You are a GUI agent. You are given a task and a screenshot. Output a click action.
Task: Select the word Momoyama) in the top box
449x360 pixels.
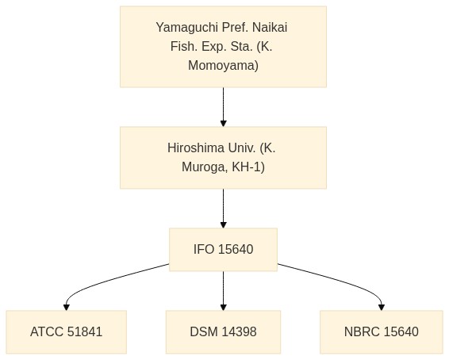pos(224,66)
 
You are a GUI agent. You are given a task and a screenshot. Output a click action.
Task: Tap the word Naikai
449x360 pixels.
pos(270,28)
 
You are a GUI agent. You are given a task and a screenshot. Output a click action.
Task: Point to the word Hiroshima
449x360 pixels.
pos(196,148)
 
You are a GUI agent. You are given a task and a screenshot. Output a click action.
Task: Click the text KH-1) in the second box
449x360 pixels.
pos(248,167)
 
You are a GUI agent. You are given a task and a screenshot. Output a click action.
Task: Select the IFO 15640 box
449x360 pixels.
pos(224,250)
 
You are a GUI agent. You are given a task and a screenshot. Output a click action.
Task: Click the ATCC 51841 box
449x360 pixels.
pos(67,332)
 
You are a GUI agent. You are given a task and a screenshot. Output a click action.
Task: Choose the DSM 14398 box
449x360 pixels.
pos(224,332)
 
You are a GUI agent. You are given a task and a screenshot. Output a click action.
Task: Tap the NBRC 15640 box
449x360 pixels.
pos(382,332)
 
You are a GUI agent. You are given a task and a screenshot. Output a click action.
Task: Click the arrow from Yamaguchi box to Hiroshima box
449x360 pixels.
pos(224,107)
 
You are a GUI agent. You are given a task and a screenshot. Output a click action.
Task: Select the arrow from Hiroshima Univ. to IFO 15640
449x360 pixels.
pos(224,209)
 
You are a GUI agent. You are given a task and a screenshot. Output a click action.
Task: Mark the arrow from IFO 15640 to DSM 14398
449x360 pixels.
pos(224,291)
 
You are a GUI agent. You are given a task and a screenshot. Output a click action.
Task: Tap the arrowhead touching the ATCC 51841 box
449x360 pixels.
pos(67,308)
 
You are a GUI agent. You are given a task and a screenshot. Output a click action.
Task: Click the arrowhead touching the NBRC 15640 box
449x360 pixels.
pos(382,308)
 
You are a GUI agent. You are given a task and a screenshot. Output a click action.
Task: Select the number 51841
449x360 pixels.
pos(85,332)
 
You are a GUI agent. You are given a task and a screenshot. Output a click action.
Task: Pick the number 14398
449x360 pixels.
pos(239,332)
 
